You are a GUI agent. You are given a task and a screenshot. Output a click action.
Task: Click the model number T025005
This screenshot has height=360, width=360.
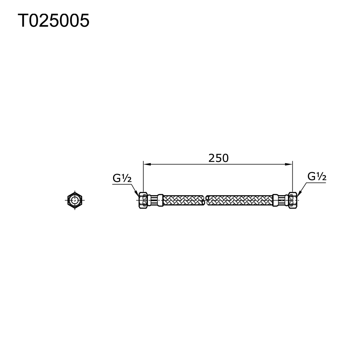tap(53, 21)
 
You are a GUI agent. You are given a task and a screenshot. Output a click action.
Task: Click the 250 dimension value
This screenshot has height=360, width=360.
tap(219, 158)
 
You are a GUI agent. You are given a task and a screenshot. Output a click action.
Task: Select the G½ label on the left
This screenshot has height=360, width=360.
tap(122, 178)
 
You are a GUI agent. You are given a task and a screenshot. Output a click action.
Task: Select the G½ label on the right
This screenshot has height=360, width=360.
tap(317, 176)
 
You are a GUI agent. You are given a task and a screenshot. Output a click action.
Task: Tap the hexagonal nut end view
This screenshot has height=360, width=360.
tap(75, 199)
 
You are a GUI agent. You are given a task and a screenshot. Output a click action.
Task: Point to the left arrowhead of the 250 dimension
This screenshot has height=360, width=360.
tap(146, 165)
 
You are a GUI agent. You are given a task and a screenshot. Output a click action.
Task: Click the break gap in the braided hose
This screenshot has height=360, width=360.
tap(206, 200)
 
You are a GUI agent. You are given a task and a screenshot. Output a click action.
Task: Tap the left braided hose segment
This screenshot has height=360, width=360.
tap(183, 200)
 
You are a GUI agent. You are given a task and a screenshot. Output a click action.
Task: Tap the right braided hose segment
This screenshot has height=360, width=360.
tap(239, 200)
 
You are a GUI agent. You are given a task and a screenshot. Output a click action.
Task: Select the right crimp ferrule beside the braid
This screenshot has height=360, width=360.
tap(275, 200)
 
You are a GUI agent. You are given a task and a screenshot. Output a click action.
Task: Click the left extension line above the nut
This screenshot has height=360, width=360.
tap(143, 176)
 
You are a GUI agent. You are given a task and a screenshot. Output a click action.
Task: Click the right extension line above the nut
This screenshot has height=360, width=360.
tap(292, 176)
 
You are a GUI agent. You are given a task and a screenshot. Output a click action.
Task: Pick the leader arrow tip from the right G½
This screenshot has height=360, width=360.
tap(298, 195)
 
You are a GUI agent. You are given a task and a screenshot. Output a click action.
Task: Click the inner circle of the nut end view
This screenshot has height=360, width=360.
tap(75, 199)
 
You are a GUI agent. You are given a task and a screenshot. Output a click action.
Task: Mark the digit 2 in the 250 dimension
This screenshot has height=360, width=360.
tap(211, 158)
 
